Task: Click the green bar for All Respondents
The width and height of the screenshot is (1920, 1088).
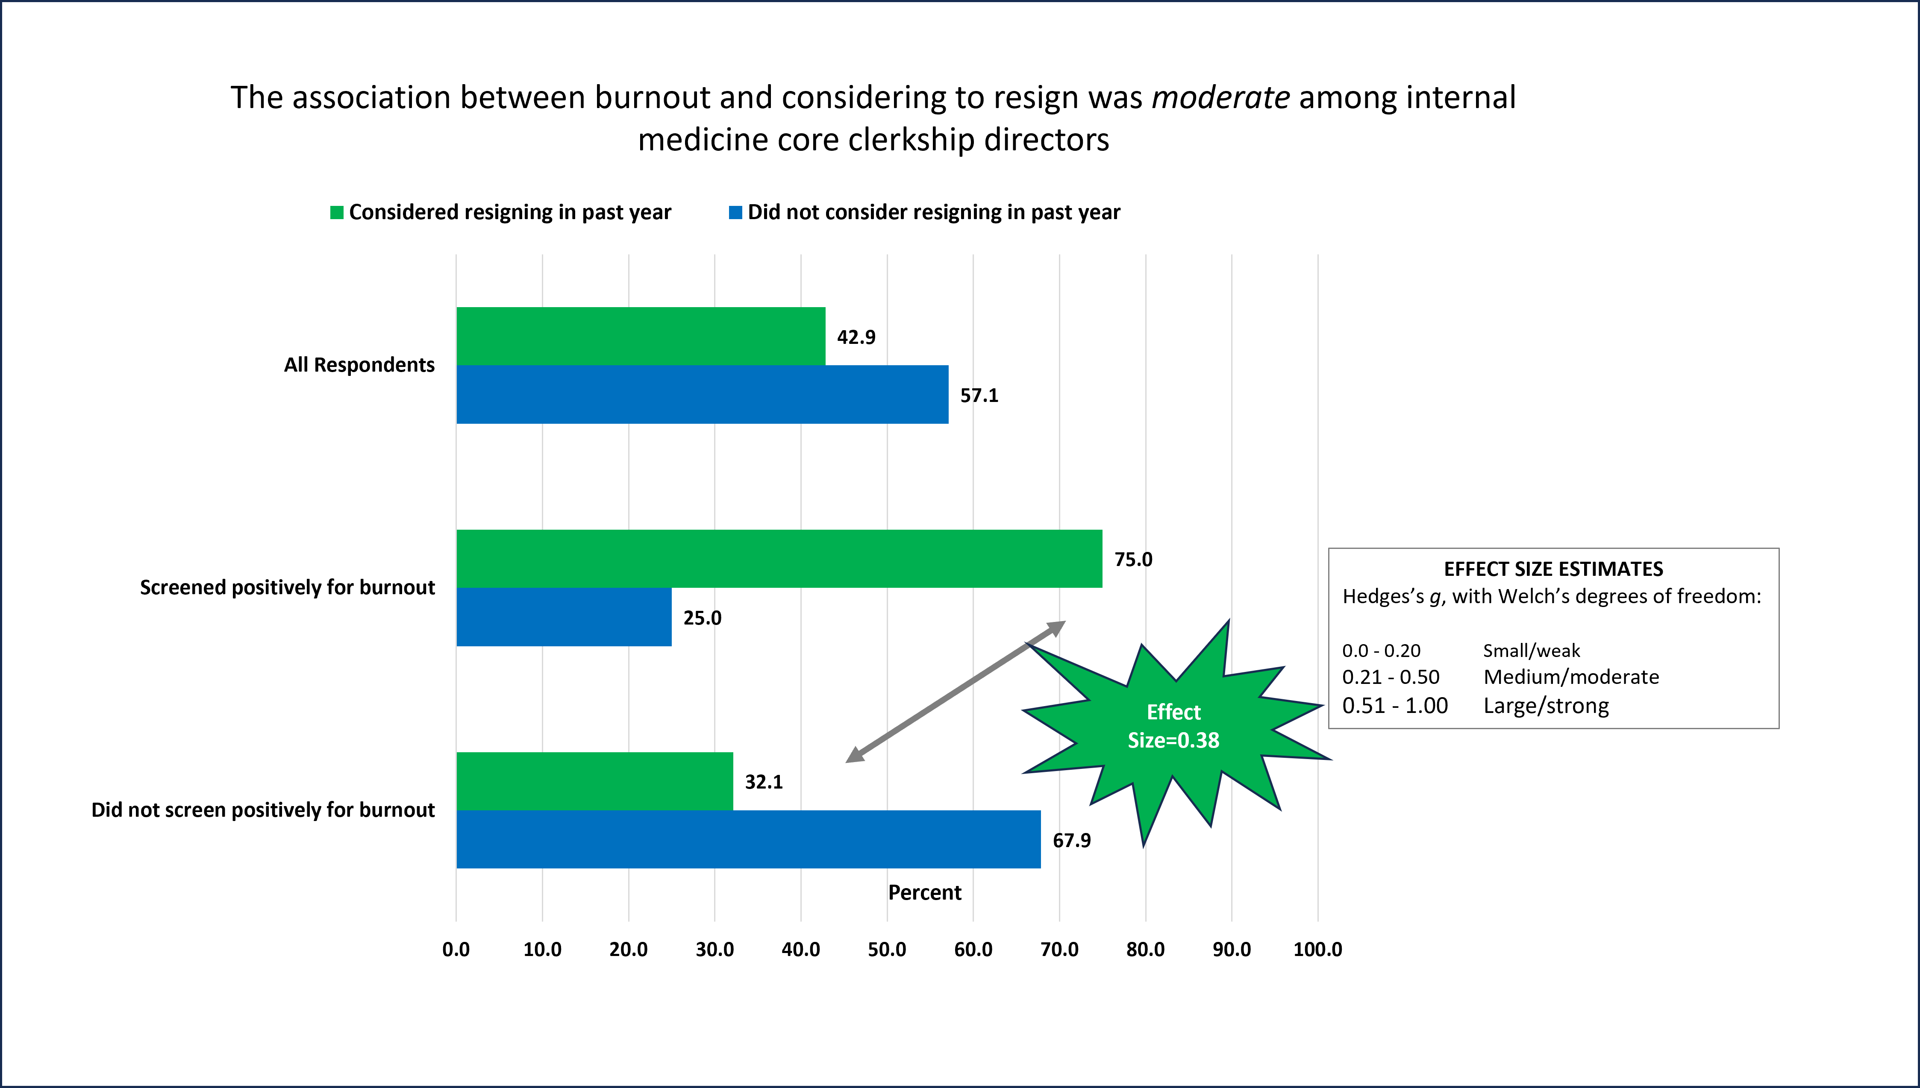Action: pos(641,336)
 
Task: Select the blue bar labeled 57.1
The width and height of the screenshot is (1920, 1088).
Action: pos(703,395)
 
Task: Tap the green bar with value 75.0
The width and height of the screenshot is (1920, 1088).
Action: pos(779,559)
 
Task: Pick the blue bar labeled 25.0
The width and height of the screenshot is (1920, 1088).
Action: pos(564,617)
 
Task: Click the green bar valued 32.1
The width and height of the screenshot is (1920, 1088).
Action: pos(595,781)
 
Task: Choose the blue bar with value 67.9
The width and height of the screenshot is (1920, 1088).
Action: pos(749,839)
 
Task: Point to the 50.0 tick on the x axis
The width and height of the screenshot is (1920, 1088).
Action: pos(887,950)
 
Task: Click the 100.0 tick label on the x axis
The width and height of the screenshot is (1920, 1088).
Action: pos(1317,950)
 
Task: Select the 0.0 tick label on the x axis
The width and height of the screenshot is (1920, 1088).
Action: pos(456,950)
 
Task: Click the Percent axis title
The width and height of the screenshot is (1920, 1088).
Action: pos(924,892)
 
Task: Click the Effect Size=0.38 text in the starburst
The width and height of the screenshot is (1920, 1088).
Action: pos(1173,726)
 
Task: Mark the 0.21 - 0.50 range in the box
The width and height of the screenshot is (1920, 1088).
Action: pos(1390,677)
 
